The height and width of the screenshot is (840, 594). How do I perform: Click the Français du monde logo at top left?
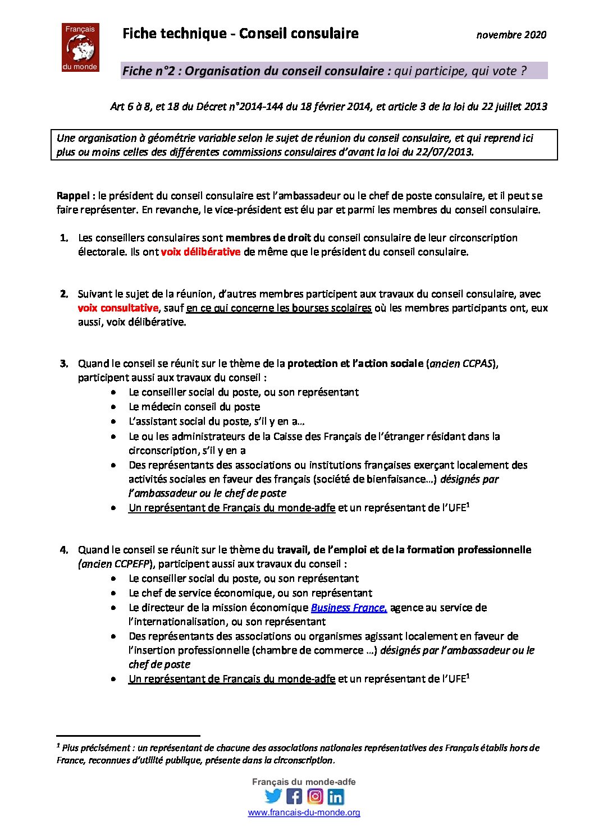80,48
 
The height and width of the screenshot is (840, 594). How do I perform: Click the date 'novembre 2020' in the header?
511,35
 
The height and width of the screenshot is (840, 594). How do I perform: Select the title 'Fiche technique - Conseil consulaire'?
240,34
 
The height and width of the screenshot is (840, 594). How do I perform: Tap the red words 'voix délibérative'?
200,252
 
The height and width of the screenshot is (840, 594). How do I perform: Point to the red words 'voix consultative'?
118,308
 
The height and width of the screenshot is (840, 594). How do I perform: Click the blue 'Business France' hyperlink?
349,608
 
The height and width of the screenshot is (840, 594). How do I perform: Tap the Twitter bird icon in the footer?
273,796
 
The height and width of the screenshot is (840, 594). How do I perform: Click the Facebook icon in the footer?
294,796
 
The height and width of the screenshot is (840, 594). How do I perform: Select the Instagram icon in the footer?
315,796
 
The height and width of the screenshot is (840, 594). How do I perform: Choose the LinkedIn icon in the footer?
336,796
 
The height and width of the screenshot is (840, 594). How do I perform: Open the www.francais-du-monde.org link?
304,813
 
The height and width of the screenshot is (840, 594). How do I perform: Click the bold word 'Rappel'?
73,196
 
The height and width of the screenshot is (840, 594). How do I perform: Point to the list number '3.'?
64,364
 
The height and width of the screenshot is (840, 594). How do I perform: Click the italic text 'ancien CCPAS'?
461,364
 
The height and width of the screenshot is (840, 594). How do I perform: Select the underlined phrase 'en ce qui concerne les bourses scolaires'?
278,308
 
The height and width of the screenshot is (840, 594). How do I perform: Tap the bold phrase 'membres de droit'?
268,238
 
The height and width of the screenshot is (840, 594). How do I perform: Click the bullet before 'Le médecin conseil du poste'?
115,407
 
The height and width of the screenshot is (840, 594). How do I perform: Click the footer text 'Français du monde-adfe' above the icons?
304,782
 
